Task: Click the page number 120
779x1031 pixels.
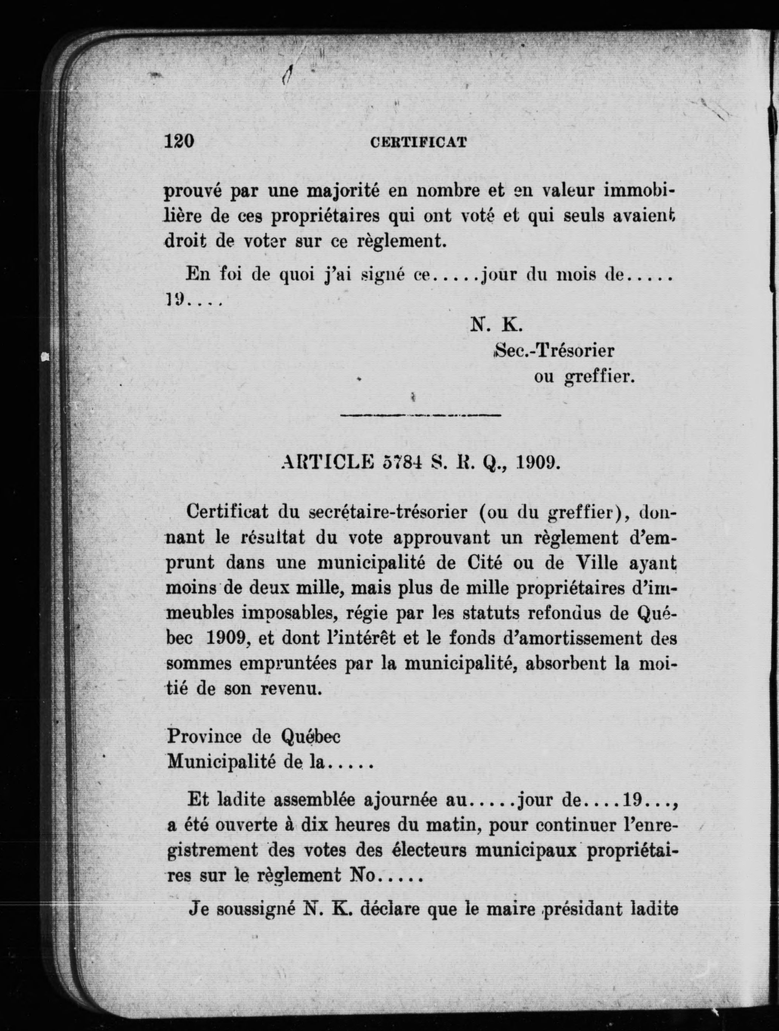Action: click(179, 140)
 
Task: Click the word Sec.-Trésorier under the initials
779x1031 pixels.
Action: click(554, 350)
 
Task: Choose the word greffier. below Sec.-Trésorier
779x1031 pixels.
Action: click(599, 377)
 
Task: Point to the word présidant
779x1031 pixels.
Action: click(589, 909)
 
